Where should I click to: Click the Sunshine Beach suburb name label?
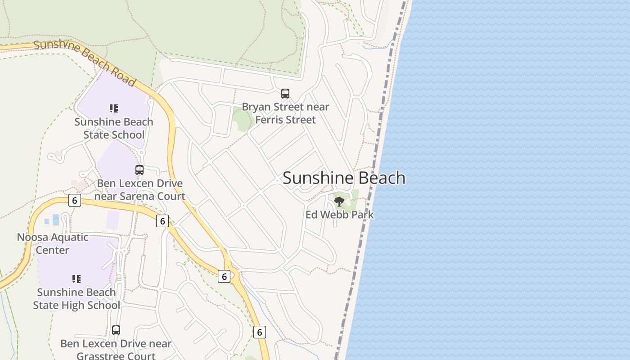[x=344, y=178]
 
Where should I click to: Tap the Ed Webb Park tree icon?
[x=339, y=201]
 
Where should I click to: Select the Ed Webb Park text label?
[x=339, y=215]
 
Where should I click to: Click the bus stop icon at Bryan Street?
[x=285, y=94]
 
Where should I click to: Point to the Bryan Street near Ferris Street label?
[x=285, y=113]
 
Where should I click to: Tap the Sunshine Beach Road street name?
[x=84, y=63]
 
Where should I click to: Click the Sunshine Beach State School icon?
[x=114, y=108]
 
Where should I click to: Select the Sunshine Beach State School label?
[x=114, y=128]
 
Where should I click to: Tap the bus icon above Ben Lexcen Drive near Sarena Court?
[x=139, y=170]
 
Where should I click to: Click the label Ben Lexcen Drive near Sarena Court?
[x=140, y=190]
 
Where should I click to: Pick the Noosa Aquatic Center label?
[x=52, y=243]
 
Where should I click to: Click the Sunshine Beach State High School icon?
[x=76, y=279]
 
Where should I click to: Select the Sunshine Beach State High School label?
[x=76, y=299]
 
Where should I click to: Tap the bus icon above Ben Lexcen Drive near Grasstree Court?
[x=116, y=330]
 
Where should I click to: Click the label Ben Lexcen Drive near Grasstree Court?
[x=116, y=350]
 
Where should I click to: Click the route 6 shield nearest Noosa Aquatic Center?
[x=75, y=200]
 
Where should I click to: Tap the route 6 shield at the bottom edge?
[x=259, y=332]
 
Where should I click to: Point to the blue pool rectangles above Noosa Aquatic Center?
[x=52, y=220]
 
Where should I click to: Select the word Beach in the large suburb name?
[x=381, y=178]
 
